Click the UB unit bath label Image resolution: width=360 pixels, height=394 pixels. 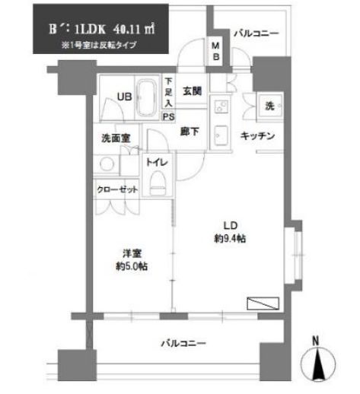[123, 96]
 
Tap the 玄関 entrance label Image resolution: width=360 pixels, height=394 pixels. [191, 92]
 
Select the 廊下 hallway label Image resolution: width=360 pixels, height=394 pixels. [190, 131]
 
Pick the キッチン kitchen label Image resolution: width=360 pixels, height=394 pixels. [256, 136]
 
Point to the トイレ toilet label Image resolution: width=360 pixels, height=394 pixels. [158, 162]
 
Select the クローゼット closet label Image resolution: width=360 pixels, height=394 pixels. [118, 189]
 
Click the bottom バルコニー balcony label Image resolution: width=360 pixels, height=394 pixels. [183, 344]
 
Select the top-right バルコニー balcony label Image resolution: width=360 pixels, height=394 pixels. [255, 34]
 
